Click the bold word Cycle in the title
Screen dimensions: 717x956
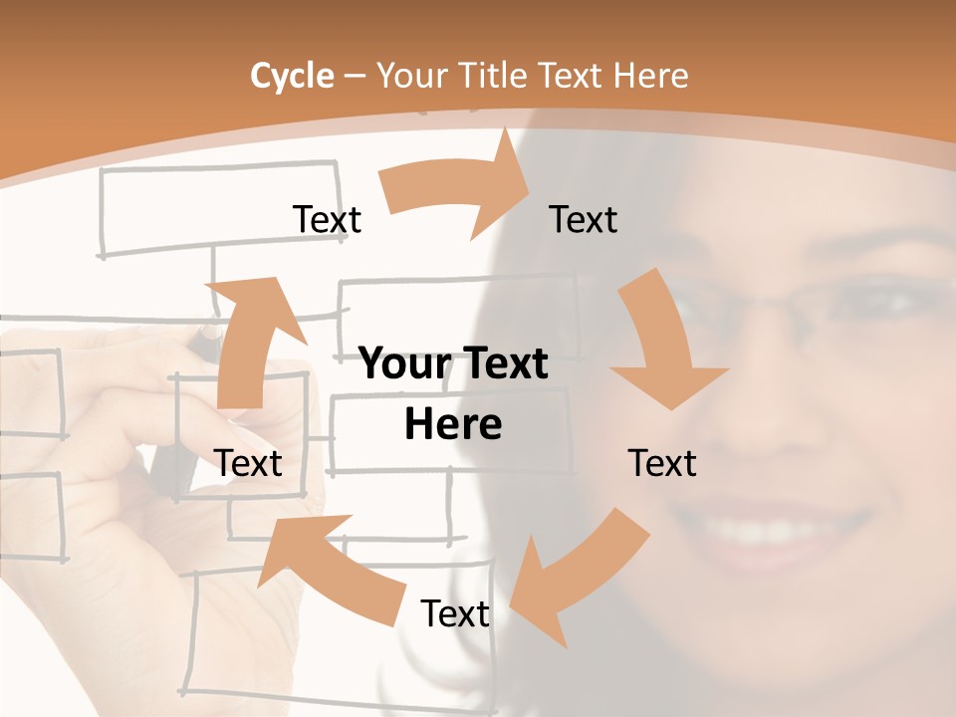point(292,76)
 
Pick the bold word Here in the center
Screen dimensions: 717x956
point(453,424)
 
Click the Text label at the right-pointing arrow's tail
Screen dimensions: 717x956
point(327,219)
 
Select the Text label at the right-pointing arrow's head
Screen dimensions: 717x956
point(584,219)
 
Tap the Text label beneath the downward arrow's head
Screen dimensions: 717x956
point(662,463)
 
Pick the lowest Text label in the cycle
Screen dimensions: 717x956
point(455,613)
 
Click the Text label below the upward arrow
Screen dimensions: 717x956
point(248,463)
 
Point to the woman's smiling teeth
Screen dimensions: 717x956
point(767,528)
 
